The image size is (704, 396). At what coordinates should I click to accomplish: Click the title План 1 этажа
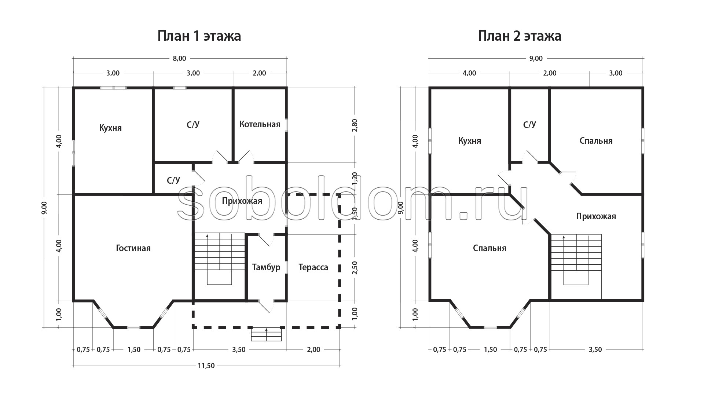pyautogui.click(x=199, y=36)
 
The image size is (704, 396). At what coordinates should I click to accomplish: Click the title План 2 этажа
pyautogui.click(x=520, y=36)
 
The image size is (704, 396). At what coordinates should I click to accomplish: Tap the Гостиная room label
pyautogui.click(x=133, y=248)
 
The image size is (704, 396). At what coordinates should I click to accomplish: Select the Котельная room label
pyautogui.click(x=260, y=124)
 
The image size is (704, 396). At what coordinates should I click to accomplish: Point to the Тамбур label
pyautogui.click(x=266, y=267)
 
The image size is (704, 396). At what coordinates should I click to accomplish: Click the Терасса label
pyautogui.click(x=313, y=267)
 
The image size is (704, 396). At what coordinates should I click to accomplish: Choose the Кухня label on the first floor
pyautogui.click(x=110, y=128)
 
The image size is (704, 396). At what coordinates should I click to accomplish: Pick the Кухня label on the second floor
pyautogui.click(x=470, y=141)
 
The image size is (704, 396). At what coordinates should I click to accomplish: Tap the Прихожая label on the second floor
pyautogui.click(x=596, y=216)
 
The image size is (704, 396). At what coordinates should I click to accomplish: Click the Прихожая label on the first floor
pyautogui.click(x=242, y=201)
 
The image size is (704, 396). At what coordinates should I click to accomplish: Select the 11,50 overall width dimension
pyautogui.click(x=206, y=366)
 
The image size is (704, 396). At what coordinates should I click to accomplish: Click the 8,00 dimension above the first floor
pyautogui.click(x=179, y=58)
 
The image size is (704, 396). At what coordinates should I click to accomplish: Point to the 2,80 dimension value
pyautogui.click(x=355, y=125)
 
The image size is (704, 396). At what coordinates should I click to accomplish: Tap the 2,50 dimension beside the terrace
pyautogui.click(x=355, y=268)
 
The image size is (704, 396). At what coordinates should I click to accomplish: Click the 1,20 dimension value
pyautogui.click(x=355, y=179)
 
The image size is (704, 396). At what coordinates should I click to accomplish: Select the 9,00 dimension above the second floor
pyautogui.click(x=536, y=58)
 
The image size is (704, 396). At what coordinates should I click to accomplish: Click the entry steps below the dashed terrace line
pyautogui.click(x=266, y=334)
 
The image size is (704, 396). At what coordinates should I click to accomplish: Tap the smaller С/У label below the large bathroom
pyautogui.click(x=173, y=180)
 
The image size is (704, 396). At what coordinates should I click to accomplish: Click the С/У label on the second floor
pyautogui.click(x=529, y=125)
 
